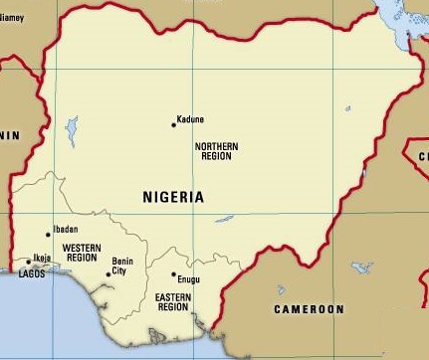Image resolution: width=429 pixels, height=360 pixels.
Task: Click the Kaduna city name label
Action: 190,119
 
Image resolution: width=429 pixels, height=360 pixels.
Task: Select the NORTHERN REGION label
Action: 216,152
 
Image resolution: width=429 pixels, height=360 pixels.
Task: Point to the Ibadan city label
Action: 65,229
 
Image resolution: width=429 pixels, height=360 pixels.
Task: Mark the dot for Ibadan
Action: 48,235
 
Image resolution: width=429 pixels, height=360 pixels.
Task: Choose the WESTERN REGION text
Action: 81,252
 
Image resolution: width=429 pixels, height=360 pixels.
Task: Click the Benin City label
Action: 121,266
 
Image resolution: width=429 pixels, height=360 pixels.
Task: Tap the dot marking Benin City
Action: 108,274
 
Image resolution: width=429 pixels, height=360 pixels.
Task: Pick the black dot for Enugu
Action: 173,274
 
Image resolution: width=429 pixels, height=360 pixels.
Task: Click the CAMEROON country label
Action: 309,309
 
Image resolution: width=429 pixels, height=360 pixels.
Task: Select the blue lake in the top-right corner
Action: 403,30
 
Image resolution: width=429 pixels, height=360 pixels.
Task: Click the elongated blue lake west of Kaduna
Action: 71,130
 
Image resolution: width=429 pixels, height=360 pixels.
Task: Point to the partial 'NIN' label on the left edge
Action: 9,134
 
